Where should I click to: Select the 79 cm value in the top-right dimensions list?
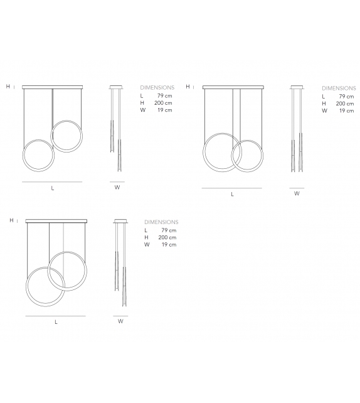pos(346,96)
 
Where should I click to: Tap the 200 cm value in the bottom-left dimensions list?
pos(167,237)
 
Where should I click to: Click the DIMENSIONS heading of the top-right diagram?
pos(339,89)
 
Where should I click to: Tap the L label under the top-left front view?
pos(52,188)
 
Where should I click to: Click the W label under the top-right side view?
pos(297,193)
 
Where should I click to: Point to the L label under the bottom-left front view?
pos(56,321)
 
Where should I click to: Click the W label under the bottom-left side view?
pos(120,321)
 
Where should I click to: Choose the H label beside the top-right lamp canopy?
pos(188,87)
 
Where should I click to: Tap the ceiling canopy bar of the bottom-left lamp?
pos(56,220)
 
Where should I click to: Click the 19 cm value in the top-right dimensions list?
pos(346,110)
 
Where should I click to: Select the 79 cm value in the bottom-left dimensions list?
pos(169,230)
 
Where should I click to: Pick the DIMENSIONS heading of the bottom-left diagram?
pos(161,222)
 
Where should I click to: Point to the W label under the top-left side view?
pos(117,187)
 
